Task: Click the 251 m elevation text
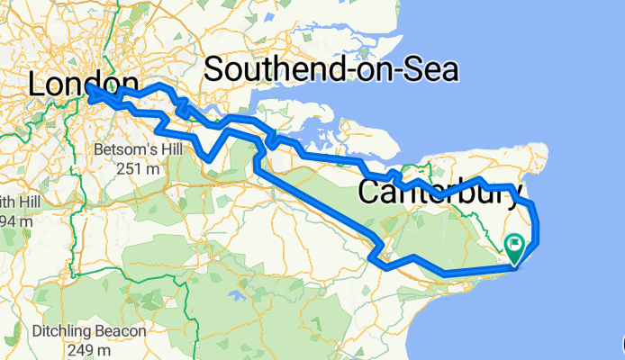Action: [139, 167]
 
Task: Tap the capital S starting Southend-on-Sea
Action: [217, 69]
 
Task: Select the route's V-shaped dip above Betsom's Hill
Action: [209, 158]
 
